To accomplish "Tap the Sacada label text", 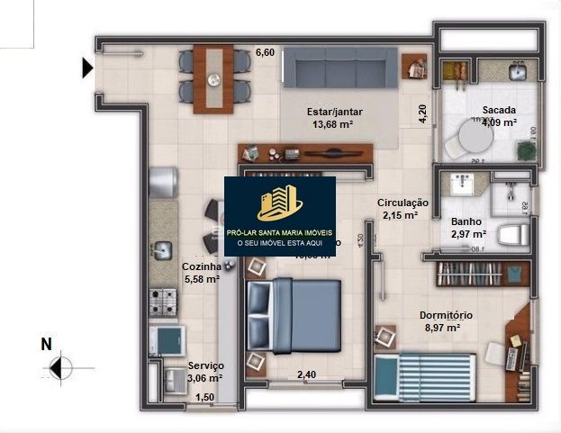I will (x=498, y=111).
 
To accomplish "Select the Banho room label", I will (x=466, y=221).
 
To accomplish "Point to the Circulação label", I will (x=403, y=203).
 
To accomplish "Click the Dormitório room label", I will (x=447, y=315).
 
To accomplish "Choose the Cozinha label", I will (x=201, y=266).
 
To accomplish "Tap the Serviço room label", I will (x=205, y=366).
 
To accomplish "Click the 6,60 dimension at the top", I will (x=265, y=52).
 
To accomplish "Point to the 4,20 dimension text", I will (x=421, y=113).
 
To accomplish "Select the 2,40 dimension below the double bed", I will (x=307, y=374).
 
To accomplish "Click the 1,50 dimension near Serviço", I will (x=204, y=397).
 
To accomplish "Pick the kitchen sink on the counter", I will (x=162, y=248).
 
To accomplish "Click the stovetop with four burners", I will (x=162, y=298).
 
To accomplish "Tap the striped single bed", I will (x=424, y=373).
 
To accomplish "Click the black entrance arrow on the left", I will (x=87, y=68).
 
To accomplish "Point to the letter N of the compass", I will (x=45, y=344).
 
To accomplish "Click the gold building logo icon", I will (x=279, y=203).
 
